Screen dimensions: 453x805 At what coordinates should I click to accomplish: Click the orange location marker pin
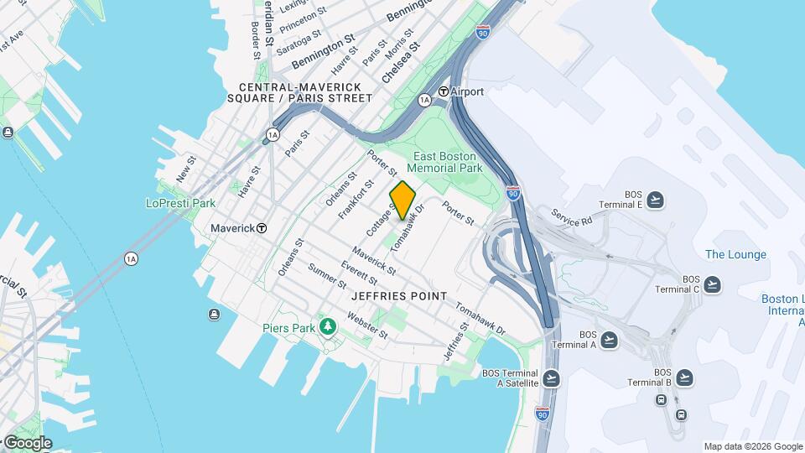402,200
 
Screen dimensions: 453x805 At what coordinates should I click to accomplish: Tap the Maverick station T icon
262,228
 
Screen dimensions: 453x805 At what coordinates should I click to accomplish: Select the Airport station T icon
443,91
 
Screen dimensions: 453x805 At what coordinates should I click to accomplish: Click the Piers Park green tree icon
329,326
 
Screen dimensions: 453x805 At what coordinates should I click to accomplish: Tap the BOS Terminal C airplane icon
712,284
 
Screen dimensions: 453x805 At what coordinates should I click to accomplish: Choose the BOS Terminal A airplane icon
609,340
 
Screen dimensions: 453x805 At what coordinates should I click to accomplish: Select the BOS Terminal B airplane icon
685,377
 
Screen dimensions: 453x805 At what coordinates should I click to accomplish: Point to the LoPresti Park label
180,203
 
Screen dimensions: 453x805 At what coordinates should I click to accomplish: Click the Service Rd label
571,216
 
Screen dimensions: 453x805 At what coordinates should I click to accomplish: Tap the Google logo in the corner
28,442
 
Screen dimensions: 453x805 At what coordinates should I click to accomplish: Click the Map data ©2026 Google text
752,446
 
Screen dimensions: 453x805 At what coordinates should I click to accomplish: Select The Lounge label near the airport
735,254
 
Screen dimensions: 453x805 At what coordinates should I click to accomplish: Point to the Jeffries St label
462,340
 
